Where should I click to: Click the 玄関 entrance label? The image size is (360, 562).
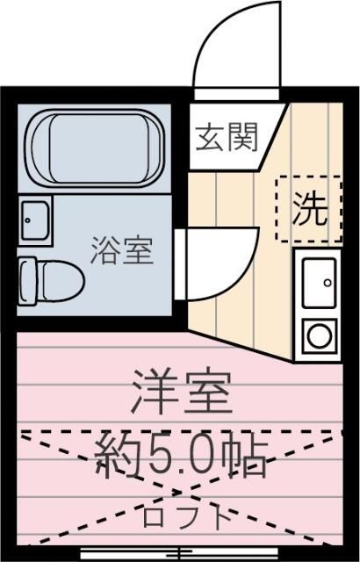pos(227,138)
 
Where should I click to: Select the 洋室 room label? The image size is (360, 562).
pos(182,393)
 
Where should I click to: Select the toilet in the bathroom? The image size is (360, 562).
pos(53,280)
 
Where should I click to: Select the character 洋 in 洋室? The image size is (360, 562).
pos(154,393)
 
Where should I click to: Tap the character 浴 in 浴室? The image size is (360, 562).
pos(105,252)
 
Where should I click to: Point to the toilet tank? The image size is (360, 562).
pos(25,280)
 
